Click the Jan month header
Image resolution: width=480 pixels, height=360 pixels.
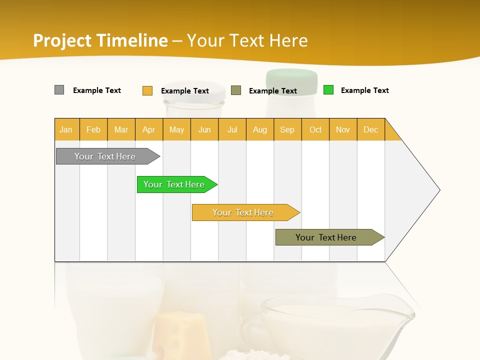66,129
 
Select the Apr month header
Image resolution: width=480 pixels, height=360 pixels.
148,129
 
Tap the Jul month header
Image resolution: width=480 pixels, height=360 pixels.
232,129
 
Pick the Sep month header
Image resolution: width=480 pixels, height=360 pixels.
287,129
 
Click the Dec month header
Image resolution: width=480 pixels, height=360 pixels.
370,129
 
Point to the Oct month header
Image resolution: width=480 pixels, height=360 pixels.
315,129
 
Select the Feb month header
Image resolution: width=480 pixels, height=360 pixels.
93,129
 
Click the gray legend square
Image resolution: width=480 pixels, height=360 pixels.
59,90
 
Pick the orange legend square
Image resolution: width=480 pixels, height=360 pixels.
147,90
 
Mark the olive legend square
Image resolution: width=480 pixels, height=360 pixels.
236,90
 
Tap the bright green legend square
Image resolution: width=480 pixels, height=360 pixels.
328,90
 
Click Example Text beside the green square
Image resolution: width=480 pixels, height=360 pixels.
364,90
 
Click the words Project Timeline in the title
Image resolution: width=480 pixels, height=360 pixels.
100,40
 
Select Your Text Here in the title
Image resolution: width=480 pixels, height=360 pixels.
247,40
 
